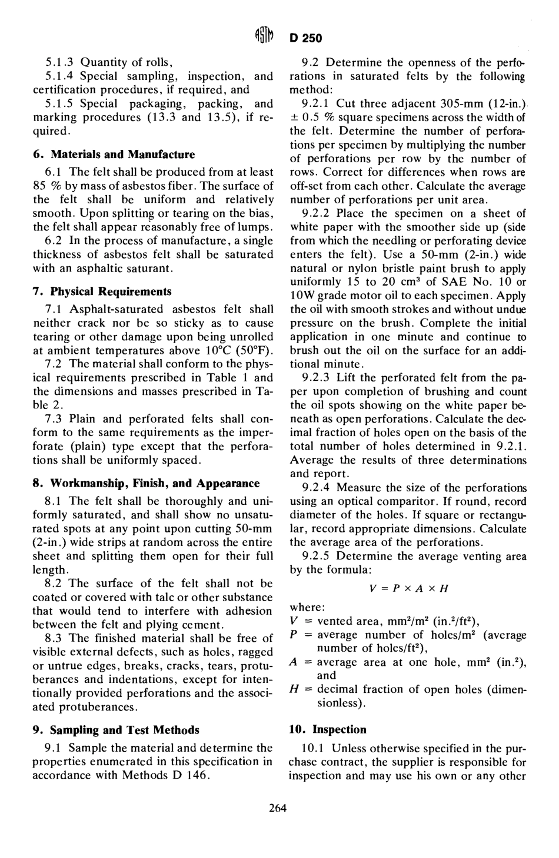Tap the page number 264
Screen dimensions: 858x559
click(277, 808)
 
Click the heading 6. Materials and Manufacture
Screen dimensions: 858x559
click(114, 155)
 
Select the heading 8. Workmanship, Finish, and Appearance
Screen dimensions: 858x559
click(146, 484)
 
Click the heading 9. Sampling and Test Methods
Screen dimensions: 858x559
click(116, 730)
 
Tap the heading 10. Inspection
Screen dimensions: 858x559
click(327, 730)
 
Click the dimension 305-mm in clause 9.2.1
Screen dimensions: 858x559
click(423, 103)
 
